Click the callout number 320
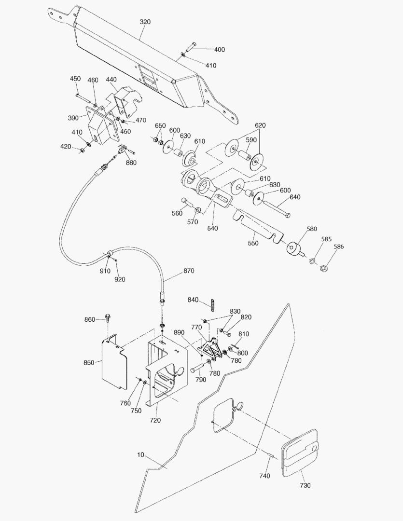[145, 22]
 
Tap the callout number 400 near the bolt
[220, 50]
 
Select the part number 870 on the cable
[189, 271]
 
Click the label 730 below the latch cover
[306, 484]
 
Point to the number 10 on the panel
[140, 455]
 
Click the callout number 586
[339, 247]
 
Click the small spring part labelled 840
[212, 304]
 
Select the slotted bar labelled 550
[256, 224]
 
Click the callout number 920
[120, 279]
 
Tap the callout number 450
[75, 79]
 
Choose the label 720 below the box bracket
[155, 420]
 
